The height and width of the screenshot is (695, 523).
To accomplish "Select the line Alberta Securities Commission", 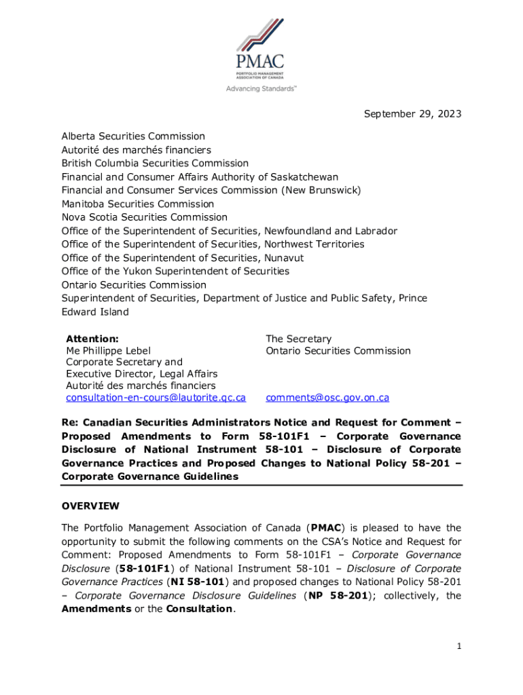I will point(133,136).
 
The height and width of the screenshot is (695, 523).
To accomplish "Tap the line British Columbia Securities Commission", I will point(155,164).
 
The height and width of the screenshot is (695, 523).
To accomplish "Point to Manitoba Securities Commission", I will point(137,204).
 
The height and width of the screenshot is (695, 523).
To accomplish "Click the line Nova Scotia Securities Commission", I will point(145,217).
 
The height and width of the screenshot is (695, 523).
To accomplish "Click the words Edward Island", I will point(94,312).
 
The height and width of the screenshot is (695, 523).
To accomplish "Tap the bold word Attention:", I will point(92,339).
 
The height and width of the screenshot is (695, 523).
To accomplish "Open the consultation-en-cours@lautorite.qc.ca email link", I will point(156,398).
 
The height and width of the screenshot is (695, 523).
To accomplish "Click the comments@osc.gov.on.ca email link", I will point(327,398).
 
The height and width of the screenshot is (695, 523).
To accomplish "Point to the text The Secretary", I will point(299,339).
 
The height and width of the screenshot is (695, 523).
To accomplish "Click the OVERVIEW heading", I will point(90,506).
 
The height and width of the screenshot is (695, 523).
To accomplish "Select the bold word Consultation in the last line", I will point(201,609).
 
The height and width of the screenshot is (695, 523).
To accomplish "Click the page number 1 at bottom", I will point(459,646).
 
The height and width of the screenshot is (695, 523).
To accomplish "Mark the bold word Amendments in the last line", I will point(96,609).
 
